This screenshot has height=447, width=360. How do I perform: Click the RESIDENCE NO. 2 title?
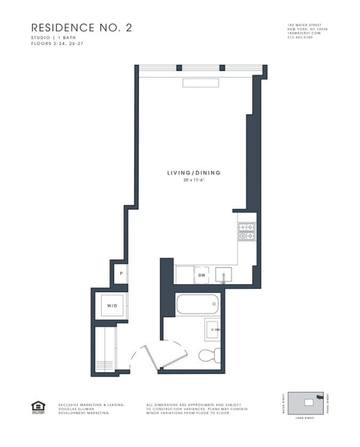point(81,28)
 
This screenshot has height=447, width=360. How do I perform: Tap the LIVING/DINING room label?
point(193,173)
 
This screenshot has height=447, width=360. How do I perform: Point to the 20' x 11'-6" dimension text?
point(193,180)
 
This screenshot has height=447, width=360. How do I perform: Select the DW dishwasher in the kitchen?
point(202,275)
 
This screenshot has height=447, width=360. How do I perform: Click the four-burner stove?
point(246,231)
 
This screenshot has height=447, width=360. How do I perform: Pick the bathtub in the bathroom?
point(197,304)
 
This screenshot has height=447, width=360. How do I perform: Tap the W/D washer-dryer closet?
point(112,306)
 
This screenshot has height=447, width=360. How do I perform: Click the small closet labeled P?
point(122,274)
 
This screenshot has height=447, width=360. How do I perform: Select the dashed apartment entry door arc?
point(139,356)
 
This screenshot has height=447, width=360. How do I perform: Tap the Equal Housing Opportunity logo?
point(37,407)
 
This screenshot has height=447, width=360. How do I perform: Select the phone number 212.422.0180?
point(301,37)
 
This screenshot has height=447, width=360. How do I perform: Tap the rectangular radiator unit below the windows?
point(201,83)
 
